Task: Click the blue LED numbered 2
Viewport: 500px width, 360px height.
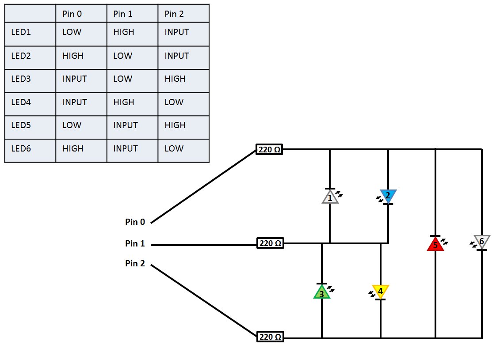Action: click(x=388, y=196)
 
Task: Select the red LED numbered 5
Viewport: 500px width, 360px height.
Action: click(x=435, y=244)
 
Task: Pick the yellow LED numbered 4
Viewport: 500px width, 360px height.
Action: click(x=380, y=292)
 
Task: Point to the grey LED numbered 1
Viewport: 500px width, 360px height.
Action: click(x=330, y=197)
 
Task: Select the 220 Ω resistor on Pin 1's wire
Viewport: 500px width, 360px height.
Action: click(x=270, y=243)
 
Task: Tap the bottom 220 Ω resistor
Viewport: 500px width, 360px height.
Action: click(x=270, y=337)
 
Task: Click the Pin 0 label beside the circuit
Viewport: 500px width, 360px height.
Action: click(x=135, y=222)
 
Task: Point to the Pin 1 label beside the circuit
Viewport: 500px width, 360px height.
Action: click(x=135, y=243)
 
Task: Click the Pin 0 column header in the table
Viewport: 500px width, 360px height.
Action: click(x=72, y=14)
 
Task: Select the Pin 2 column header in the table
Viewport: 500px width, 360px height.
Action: click(x=174, y=14)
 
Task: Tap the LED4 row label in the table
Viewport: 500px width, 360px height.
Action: click(x=21, y=102)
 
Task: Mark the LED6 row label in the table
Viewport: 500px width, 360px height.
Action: click(x=21, y=149)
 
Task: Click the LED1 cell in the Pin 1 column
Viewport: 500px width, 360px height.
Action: click(x=124, y=32)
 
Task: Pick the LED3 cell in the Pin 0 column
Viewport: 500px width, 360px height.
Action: click(x=75, y=79)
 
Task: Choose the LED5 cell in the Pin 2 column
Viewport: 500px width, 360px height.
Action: click(x=175, y=125)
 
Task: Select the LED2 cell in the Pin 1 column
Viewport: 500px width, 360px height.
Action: click(x=123, y=56)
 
